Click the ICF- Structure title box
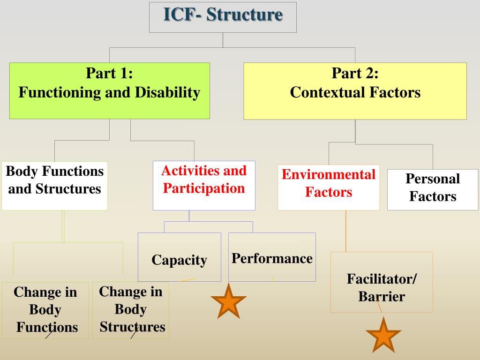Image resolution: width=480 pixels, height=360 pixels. click(223, 17)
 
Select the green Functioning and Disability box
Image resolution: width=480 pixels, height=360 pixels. click(109, 90)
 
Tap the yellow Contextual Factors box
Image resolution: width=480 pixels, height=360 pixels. click(355, 90)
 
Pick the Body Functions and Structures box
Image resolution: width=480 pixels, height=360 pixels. click(54, 185)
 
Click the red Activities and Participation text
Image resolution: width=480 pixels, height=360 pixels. click(204, 180)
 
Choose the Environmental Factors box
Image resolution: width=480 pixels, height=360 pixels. click(329, 187)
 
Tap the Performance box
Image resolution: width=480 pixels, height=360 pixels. click(272, 257)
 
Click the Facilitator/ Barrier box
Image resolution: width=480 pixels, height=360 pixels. click(382, 282)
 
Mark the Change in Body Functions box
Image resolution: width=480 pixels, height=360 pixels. click(45, 310)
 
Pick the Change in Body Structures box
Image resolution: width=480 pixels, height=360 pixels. click(131, 309)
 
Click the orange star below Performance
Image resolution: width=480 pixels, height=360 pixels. click(229, 301)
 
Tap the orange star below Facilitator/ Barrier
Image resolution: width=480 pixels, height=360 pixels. click(383, 335)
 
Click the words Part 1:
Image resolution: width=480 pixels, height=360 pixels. click(109, 74)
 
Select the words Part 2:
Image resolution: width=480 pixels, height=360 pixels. click(355, 74)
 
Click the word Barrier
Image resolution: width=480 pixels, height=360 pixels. click(382, 297)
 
